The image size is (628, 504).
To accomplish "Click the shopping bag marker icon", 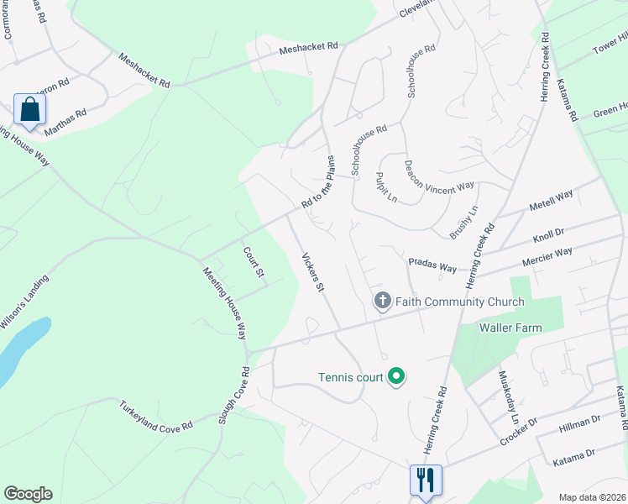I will click(30, 110).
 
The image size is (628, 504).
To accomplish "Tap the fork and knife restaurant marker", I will click(426, 480).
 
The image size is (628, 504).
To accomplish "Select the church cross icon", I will click(383, 301).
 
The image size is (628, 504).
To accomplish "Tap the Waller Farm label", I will click(510, 328).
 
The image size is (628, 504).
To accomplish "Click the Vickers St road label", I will click(313, 272).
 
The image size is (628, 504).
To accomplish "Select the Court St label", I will click(254, 262).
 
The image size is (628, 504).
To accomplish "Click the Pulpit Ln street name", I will click(387, 186).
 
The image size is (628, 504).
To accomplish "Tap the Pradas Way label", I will click(432, 265).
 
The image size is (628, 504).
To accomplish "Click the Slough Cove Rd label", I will click(234, 394).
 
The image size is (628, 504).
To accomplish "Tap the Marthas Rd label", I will click(65, 121).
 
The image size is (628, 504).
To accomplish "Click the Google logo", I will click(28, 494).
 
